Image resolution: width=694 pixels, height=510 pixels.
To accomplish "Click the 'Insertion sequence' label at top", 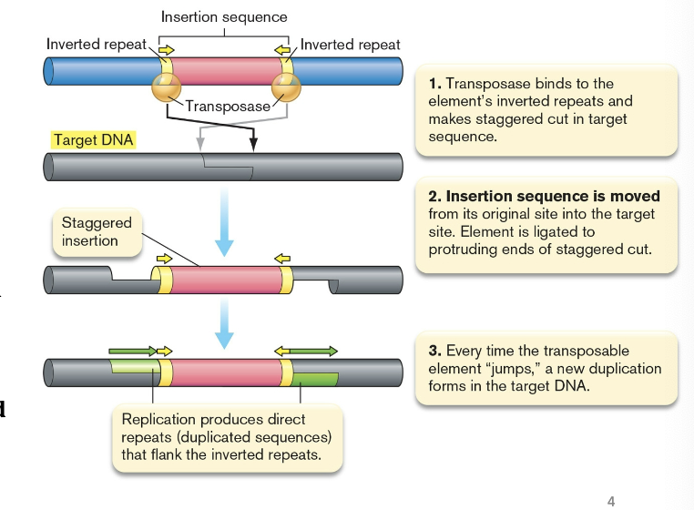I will click(224, 17).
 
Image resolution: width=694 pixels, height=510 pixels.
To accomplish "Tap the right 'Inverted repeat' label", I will click(350, 45).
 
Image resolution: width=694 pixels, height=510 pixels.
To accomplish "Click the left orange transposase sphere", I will click(166, 89).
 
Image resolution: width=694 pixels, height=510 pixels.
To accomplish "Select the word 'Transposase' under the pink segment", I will click(228, 106).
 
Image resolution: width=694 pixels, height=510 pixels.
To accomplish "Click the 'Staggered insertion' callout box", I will click(97, 232).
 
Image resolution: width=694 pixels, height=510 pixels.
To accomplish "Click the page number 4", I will click(610, 500).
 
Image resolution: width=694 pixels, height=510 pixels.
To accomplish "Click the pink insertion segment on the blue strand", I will click(226, 71).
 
